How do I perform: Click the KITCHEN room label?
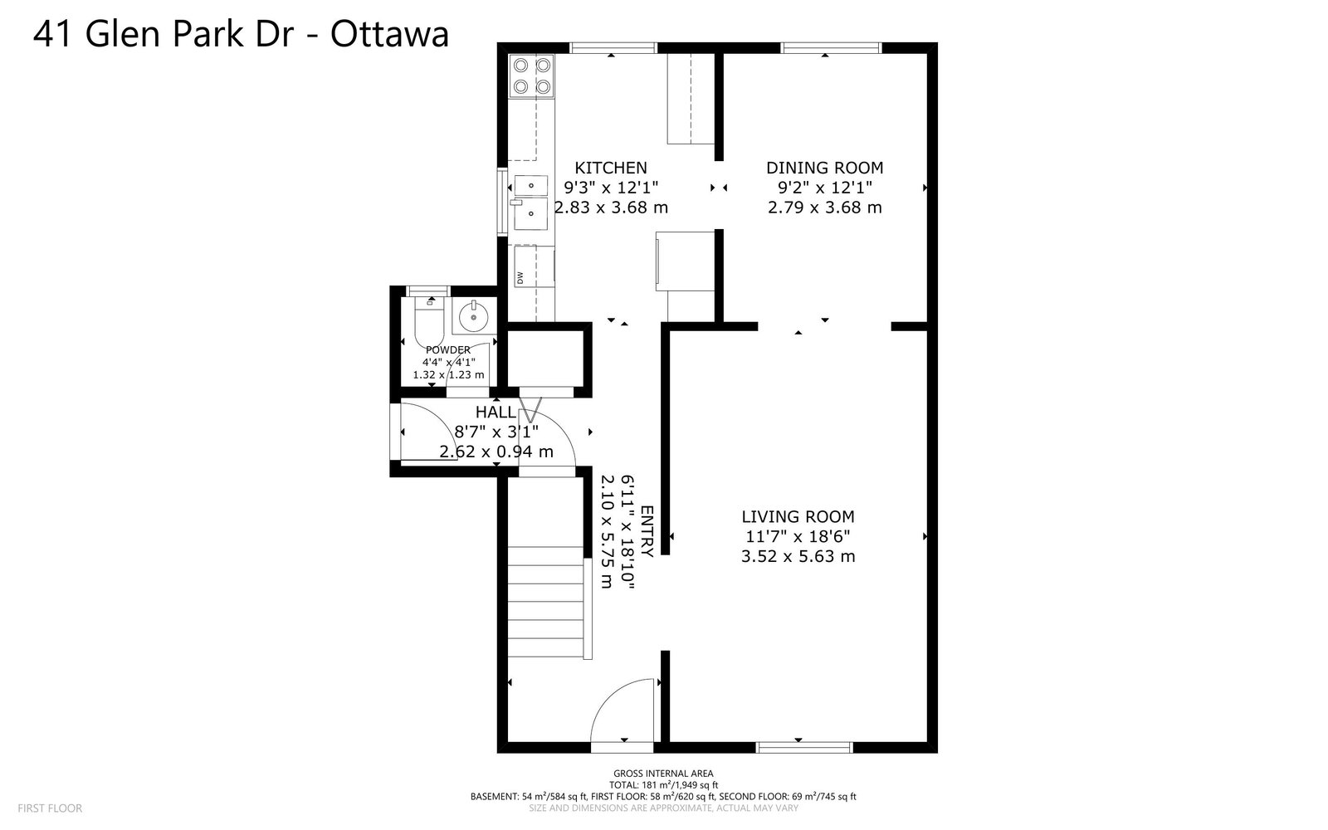click(611, 168)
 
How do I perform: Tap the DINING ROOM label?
click(825, 168)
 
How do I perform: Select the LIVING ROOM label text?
click(798, 516)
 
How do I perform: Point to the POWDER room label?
click(448, 349)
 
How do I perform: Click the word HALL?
click(496, 412)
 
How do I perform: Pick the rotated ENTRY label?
click(647, 531)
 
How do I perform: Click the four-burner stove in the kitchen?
click(532, 76)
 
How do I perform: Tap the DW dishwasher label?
click(520, 277)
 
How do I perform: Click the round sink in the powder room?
click(474, 316)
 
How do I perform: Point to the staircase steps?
click(545, 602)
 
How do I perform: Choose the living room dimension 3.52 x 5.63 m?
click(798, 556)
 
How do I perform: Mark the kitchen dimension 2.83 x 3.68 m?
click(611, 207)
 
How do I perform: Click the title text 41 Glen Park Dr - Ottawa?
click(241, 34)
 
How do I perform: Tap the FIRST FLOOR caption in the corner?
click(50, 808)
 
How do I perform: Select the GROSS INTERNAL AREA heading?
click(663, 773)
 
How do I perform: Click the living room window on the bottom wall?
click(804, 748)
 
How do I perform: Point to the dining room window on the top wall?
click(831, 48)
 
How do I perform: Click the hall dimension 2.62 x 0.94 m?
click(496, 452)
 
